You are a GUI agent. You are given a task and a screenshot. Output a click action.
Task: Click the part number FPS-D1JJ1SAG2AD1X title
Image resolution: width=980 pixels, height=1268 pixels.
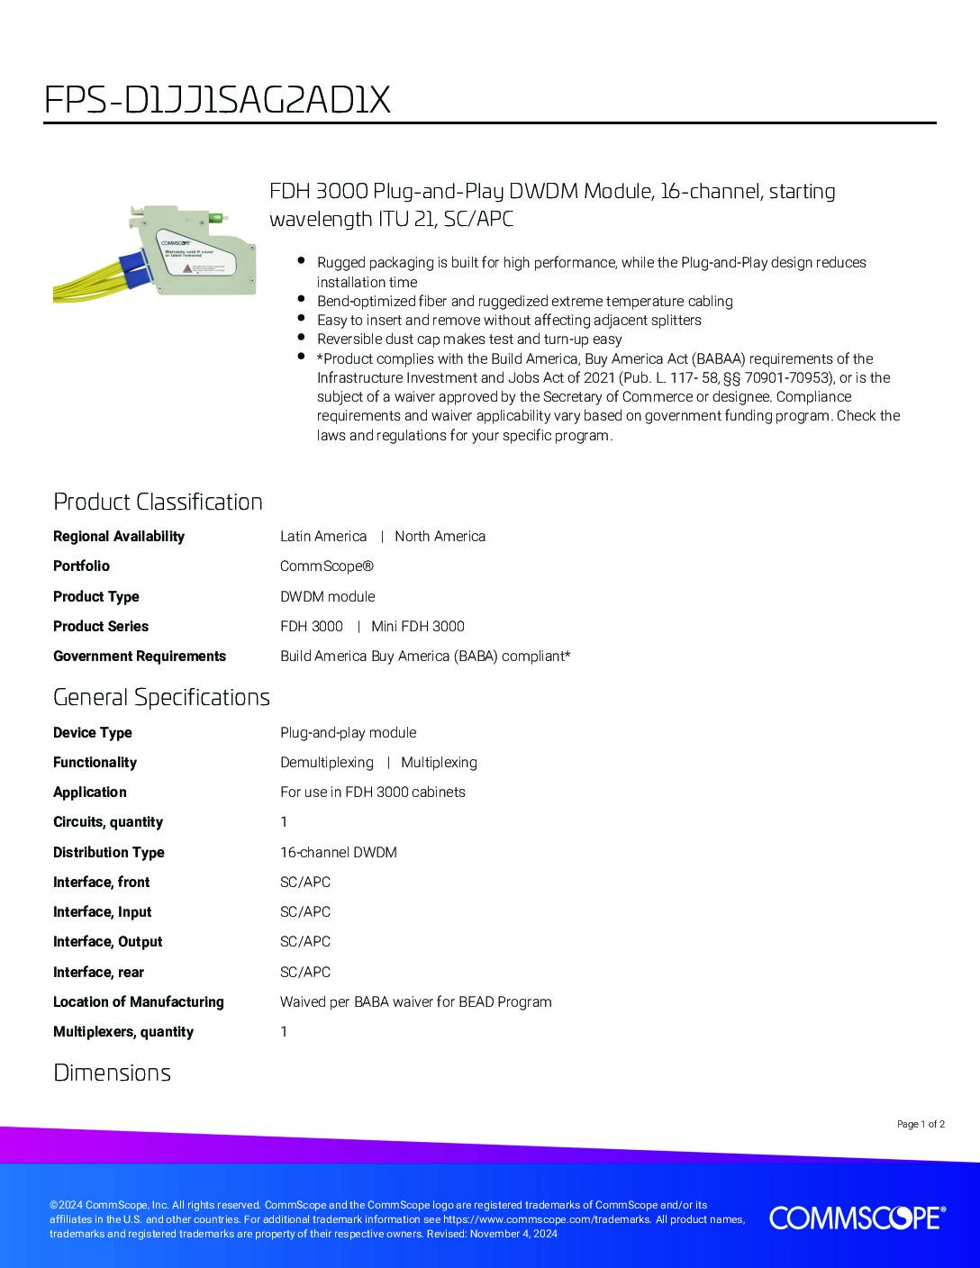pyautogui.click(x=217, y=100)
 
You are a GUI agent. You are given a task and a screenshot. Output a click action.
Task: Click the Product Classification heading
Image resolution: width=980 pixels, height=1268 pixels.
pyautogui.click(x=158, y=502)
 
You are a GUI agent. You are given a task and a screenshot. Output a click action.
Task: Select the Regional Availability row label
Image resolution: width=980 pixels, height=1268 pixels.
pyautogui.click(x=119, y=537)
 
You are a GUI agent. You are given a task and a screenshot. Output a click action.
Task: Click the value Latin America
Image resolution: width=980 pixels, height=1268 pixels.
pyautogui.click(x=323, y=537)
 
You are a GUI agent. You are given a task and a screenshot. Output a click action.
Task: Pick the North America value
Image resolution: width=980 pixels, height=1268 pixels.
pyautogui.click(x=440, y=537)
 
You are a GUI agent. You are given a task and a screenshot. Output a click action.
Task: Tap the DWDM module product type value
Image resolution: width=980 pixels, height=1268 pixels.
pyautogui.click(x=327, y=596)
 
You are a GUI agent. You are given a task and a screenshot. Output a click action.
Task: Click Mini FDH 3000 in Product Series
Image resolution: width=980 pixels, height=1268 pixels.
pyautogui.click(x=418, y=627)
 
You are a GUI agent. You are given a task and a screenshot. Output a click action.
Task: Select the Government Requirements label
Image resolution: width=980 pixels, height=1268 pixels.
pyautogui.click(x=140, y=657)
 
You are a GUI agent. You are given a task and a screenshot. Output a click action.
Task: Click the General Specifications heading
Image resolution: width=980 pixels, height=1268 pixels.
pyautogui.click(x=161, y=697)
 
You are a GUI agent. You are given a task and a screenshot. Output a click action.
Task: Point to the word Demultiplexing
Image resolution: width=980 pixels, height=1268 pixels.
pyautogui.click(x=326, y=763)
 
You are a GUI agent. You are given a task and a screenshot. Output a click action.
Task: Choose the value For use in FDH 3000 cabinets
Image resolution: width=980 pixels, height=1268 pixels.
pyautogui.click(x=373, y=792)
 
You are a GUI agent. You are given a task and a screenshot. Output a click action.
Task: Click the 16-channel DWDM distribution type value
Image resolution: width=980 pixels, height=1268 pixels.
pyautogui.click(x=339, y=852)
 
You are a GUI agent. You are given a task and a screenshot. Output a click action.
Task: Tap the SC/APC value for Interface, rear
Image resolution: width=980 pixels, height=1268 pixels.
pyautogui.click(x=305, y=973)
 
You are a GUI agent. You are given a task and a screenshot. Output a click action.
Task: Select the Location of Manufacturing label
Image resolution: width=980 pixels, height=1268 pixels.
pyautogui.click(x=139, y=1002)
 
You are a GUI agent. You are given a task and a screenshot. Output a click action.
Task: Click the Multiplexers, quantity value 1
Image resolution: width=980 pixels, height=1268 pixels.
pyautogui.click(x=284, y=1032)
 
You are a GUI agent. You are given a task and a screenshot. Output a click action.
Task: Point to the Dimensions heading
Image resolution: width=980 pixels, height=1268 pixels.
pyautogui.click(x=112, y=1073)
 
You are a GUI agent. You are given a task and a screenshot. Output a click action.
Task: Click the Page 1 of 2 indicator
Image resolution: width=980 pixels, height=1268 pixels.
pyautogui.click(x=921, y=1124)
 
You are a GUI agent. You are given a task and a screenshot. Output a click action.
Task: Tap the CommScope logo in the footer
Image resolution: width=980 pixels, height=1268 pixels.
pyautogui.click(x=857, y=1218)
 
